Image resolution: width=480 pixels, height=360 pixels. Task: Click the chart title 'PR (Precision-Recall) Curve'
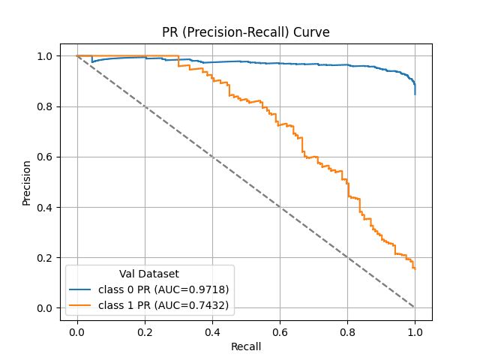pos(246,32)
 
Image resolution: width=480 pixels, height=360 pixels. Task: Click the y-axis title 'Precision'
pos(27,182)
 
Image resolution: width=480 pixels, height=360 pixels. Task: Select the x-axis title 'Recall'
pos(246,346)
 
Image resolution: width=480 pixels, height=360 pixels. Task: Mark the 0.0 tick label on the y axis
pos(46,308)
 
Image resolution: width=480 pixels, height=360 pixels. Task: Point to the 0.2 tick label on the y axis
pos(46,258)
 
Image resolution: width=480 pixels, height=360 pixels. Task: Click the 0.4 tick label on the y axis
pos(46,208)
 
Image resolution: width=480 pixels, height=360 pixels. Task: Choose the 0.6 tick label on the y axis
pos(46,157)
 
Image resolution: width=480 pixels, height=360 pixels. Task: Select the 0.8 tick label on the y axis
pos(46,106)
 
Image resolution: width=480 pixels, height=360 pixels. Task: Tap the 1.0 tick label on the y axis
pos(46,56)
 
